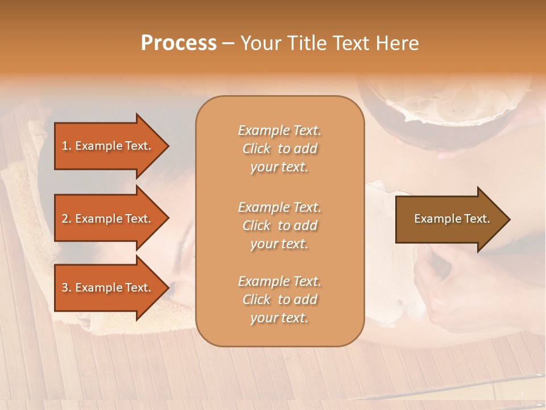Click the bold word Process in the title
(179, 43)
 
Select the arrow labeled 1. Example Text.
(108, 146)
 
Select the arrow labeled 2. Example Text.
(108, 219)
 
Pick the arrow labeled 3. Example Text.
(108, 288)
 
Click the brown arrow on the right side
(449, 219)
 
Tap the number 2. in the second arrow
(67, 219)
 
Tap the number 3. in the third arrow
(67, 288)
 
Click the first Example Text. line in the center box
(279, 131)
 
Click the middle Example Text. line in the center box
(279, 207)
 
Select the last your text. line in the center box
(279, 318)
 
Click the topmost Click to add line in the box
(279, 149)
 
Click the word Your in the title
(262, 43)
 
